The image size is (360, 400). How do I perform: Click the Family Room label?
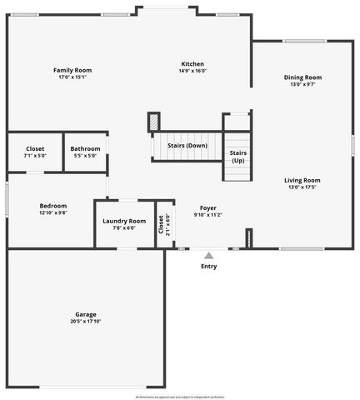(x=72, y=70)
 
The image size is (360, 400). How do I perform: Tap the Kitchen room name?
(x=192, y=64)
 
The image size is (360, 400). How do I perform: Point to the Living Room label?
(x=302, y=180)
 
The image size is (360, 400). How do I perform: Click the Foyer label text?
(x=207, y=207)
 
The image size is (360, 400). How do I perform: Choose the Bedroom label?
(x=53, y=206)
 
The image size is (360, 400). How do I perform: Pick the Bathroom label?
(x=85, y=148)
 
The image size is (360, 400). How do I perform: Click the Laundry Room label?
(x=123, y=221)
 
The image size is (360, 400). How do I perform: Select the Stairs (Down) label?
(x=187, y=145)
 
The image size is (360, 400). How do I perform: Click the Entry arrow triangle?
(x=208, y=256)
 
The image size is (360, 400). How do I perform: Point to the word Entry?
(x=208, y=267)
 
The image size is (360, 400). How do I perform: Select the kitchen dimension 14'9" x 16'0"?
(x=192, y=72)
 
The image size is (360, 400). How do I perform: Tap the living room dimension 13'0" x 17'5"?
(x=302, y=187)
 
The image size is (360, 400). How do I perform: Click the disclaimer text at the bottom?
(x=180, y=397)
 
